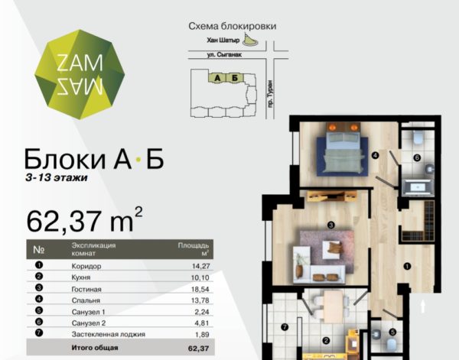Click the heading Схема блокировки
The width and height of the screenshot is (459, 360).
(x=233, y=26)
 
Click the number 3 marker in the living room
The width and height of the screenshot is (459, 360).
(x=330, y=225)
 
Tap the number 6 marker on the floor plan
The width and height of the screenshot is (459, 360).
(x=417, y=157)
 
